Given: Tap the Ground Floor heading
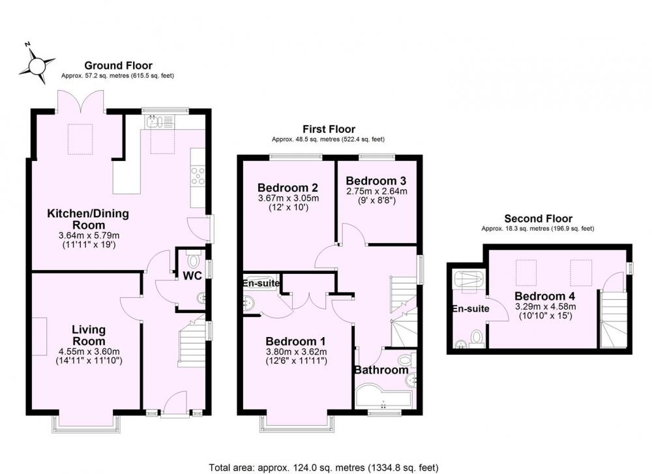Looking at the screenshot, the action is click(x=119, y=65).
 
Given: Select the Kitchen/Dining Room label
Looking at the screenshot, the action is click(x=88, y=219).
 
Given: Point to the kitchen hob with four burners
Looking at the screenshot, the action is click(x=198, y=175).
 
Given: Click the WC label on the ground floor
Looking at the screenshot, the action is click(x=192, y=275).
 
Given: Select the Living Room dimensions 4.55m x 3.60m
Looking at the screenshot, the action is click(x=89, y=351).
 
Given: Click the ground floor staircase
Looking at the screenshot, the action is click(x=192, y=344).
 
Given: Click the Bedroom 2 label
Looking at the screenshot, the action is click(x=288, y=188).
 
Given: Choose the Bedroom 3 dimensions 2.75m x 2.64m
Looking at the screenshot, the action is click(x=377, y=191).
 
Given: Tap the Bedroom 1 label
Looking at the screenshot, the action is click(x=295, y=342).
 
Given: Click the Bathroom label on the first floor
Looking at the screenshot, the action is click(x=381, y=370).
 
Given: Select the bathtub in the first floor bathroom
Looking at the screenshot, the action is click(x=383, y=398).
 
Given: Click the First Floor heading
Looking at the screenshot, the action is click(x=329, y=129).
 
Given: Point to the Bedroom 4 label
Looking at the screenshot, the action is click(x=544, y=297).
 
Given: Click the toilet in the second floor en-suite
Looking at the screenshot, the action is click(x=477, y=338).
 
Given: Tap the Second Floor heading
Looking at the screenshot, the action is click(x=538, y=218).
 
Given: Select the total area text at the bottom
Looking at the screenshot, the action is click(x=323, y=467).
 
